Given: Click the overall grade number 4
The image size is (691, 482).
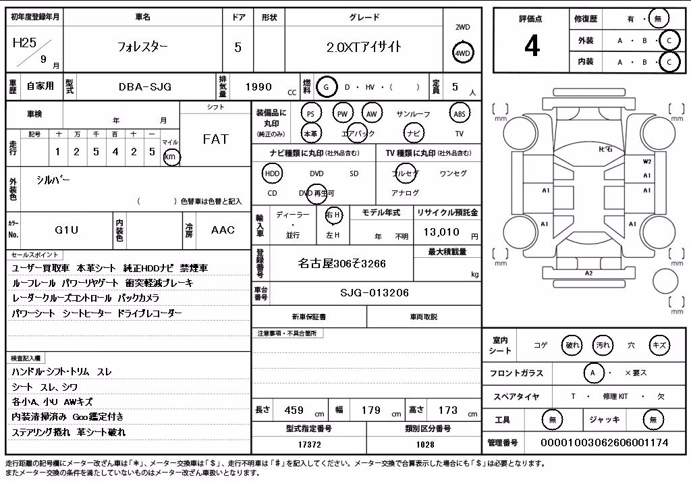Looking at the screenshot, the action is [532, 46].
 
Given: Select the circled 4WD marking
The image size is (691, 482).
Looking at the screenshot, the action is [462, 53].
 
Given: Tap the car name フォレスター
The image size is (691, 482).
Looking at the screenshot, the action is [142, 47].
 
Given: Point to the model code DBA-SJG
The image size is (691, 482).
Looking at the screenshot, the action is [145, 87].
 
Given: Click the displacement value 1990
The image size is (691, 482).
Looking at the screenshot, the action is [258, 87].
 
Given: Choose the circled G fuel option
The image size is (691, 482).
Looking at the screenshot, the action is [326, 87].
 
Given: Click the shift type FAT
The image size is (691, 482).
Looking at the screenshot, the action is [215, 139].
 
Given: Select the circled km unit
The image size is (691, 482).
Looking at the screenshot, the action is [171, 157].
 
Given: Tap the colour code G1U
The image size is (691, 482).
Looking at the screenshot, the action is [67, 230].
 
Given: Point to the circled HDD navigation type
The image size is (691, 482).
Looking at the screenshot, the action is [273, 173].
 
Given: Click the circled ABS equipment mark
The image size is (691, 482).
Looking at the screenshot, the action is [460, 114].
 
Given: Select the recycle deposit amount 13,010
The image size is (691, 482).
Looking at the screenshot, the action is [441, 232].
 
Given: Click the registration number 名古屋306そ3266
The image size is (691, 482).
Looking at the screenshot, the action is [341, 264].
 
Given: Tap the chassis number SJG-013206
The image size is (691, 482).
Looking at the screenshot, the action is [375, 293].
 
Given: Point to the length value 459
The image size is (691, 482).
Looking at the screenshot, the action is [294, 410].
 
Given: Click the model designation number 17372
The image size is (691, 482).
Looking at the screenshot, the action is [309, 444].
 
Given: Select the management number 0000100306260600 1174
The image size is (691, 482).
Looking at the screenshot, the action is [604, 442].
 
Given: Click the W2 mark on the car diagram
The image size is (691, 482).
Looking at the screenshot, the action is [646, 162].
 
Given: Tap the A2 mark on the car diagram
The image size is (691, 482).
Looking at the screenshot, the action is [588, 273].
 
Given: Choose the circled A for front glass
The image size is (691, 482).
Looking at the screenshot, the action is [592, 373].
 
